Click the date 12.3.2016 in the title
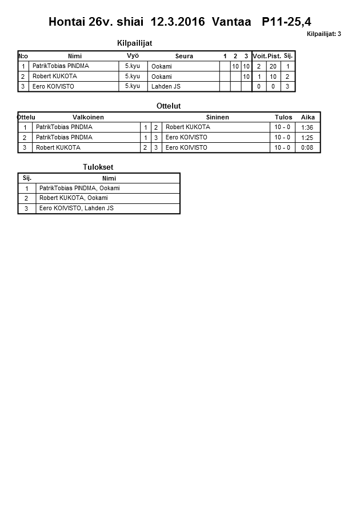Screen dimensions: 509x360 pos(177,22)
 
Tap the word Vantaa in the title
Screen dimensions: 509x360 pos(231,22)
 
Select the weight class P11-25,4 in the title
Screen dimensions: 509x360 pos(286,22)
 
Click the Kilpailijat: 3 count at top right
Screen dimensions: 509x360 pos(323,34)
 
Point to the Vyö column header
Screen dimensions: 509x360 pos(133,56)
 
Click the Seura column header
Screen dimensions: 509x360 pos(184,56)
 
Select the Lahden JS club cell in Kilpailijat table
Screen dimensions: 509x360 pos(166,87)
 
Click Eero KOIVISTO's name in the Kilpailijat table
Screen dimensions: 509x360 pos(53,87)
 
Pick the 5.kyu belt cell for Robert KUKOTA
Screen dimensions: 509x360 pos(133,77)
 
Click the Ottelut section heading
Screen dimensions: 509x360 pos(169,106)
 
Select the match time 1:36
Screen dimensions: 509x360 pos(307,127)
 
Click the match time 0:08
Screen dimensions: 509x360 pos(307,148)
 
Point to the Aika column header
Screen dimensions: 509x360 pos(308,117)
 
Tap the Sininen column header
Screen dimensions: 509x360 pos(217,117)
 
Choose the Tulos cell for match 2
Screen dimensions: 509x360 pos(282,138)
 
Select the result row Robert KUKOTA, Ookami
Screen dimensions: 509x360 pos(73,198)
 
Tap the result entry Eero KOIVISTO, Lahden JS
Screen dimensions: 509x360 pos(77,209)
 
